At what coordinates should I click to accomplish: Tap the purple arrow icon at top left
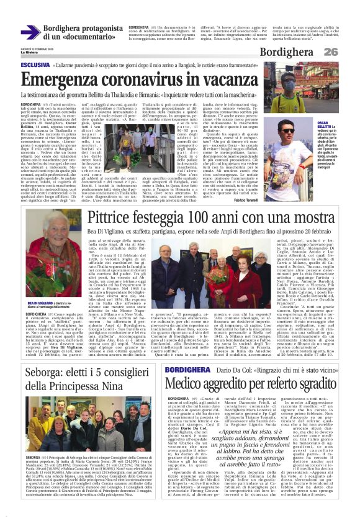tap(30, 32)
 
